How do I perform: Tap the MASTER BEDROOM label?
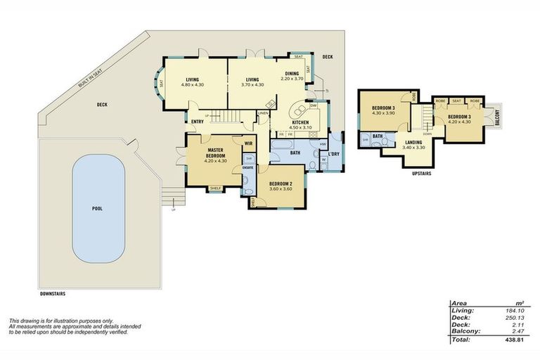215,151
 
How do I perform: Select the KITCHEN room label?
301,122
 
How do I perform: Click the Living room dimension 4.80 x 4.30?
192,85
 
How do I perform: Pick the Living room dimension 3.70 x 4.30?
252,85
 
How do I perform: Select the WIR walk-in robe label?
248,143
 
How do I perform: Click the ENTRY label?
197,120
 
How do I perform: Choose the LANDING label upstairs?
413,143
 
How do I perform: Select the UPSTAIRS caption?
422,172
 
